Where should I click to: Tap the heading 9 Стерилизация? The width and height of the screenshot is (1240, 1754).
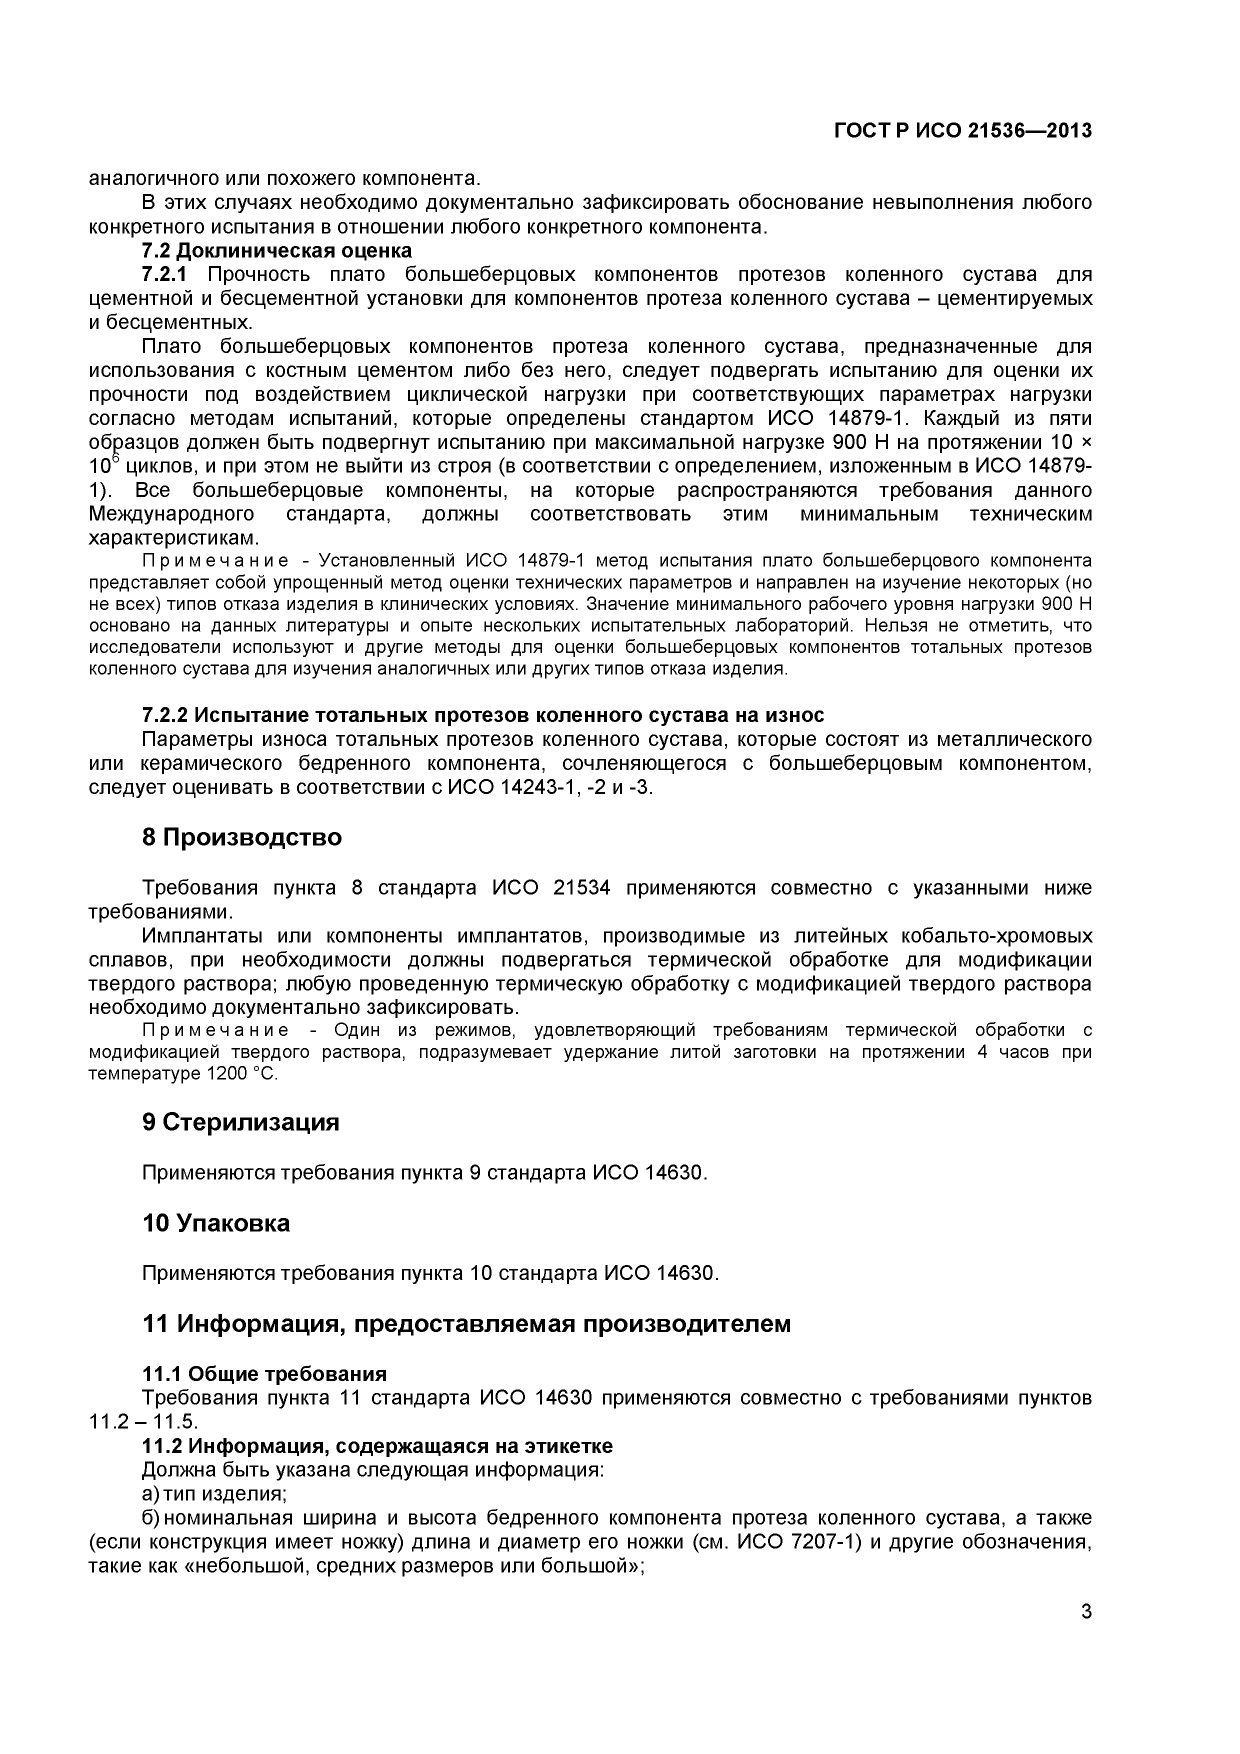tap(240, 1121)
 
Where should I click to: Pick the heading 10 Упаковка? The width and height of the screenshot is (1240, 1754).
tap(216, 1223)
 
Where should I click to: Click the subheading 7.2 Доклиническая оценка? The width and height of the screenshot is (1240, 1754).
tap(276, 250)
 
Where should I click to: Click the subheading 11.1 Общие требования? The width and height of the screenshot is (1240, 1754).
tap(264, 1373)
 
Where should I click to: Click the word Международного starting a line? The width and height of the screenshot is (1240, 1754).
tap(172, 514)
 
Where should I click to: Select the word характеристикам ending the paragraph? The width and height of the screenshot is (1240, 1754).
tap(174, 538)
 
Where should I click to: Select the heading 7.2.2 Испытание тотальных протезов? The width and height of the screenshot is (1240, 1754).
tap(483, 715)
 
